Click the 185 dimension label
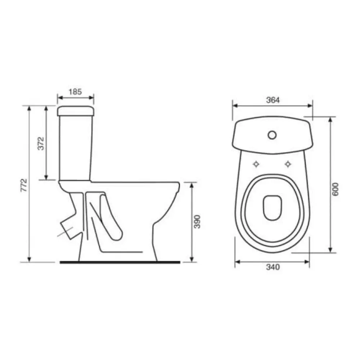pos(75,92)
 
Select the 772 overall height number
pos(24,185)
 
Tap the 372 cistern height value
pos(41,144)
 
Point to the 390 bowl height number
pos(197,221)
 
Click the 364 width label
pos(273,100)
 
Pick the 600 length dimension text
pos(335,189)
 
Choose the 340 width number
pos(273,267)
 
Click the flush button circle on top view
pos(272,135)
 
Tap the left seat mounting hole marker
pos(256,164)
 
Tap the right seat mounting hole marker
pos(288,164)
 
